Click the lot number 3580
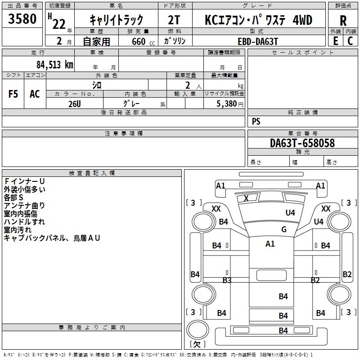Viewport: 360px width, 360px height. (22, 19)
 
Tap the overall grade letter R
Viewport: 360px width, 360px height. (343, 21)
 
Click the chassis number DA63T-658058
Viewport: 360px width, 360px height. (302, 143)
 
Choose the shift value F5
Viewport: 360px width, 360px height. (13, 94)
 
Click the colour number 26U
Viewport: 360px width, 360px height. (74, 103)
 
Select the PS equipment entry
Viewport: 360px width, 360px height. (256, 121)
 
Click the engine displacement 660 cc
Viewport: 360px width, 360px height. (139, 41)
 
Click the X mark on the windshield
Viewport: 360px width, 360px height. (246, 198)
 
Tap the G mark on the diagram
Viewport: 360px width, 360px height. (283, 229)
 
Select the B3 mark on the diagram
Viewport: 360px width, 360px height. (227, 280)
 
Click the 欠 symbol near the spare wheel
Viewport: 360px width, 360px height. (197, 344)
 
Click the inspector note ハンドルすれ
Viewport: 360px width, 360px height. (24, 222)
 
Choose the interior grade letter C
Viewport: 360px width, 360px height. (350, 41)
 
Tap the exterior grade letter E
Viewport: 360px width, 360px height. (335, 41)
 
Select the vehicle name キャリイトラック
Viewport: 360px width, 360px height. (117, 20)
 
